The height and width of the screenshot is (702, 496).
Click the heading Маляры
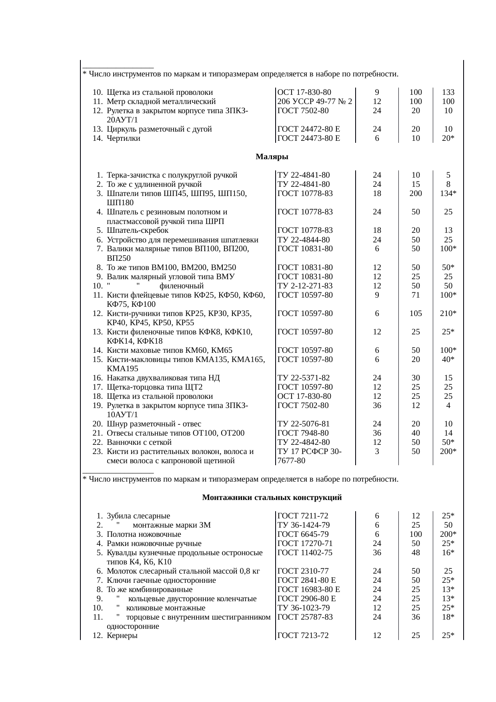(272, 157)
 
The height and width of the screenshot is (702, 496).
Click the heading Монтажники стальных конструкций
(272, 498)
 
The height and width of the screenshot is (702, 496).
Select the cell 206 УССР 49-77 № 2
(314, 102)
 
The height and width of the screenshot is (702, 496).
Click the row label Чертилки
(124, 138)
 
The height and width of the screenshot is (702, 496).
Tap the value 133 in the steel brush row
(448, 92)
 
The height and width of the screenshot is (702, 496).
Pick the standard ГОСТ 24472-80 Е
(308, 129)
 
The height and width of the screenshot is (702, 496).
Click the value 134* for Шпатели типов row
(448, 194)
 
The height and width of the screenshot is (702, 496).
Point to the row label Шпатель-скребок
(138, 230)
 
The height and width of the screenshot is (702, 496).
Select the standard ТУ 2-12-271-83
(305, 286)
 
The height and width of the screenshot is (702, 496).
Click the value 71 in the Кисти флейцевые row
(416, 295)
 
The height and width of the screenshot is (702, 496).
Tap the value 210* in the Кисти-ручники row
(448, 314)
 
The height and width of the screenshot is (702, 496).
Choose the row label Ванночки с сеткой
(139, 442)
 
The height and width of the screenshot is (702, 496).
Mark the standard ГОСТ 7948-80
(303, 433)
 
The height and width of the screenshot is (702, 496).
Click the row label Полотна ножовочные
(144, 534)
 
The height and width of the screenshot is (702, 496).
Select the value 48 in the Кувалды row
(416, 553)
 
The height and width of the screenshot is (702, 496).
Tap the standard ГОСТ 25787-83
(305, 617)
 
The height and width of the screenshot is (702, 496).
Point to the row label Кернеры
(122, 636)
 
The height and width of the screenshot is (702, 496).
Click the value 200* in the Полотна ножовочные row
(448, 534)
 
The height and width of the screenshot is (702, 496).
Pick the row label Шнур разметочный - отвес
(154, 424)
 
